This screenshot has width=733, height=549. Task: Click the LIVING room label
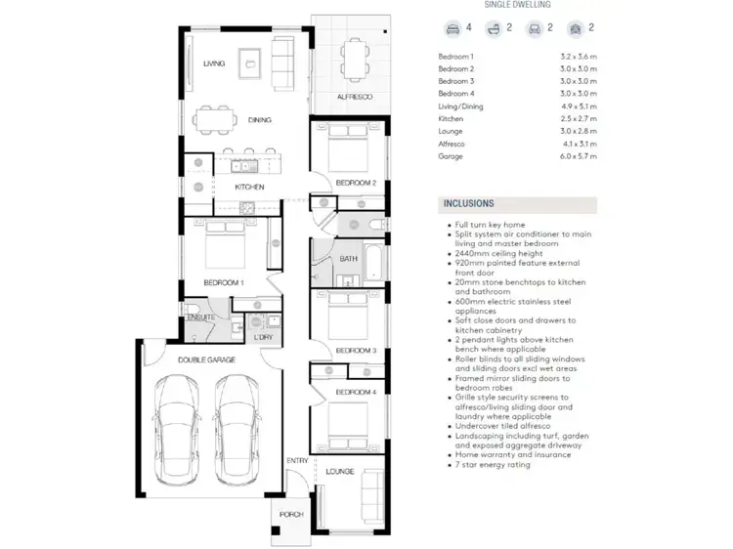tap(214, 63)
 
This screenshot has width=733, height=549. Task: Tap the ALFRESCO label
tap(350, 98)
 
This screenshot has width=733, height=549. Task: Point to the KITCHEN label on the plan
tap(249, 187)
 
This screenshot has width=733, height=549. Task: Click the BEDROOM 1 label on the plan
tap(223, 282)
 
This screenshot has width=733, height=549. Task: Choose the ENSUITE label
tap(200, 317)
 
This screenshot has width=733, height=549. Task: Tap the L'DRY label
tap(262, 337)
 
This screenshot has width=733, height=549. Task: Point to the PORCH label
tap(291, 515)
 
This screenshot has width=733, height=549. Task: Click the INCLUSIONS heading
tap(469, 204)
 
